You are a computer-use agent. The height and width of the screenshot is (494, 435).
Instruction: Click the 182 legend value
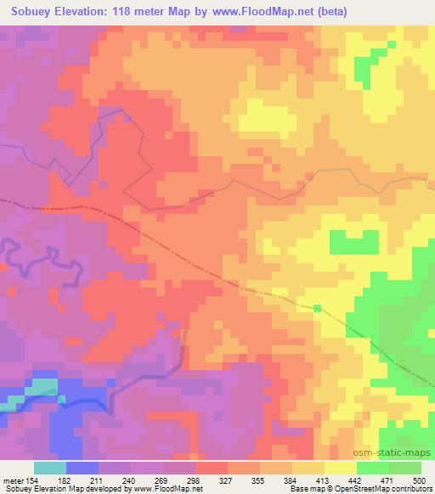[x=64, y=480]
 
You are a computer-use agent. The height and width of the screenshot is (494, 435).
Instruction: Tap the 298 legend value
[x=194, y=480]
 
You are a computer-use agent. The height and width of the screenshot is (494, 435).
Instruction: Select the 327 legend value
[x=226, y=480]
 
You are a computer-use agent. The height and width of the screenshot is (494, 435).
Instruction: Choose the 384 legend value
[x=291, y=480]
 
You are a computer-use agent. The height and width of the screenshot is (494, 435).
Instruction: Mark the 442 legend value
[x=356, y=480]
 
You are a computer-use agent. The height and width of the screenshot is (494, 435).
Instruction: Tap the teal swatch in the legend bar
[x=49, y=468]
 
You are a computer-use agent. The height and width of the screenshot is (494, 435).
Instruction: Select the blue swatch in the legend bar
[x=82, y=468]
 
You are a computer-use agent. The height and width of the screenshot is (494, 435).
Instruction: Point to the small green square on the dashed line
[x=317, y=308]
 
